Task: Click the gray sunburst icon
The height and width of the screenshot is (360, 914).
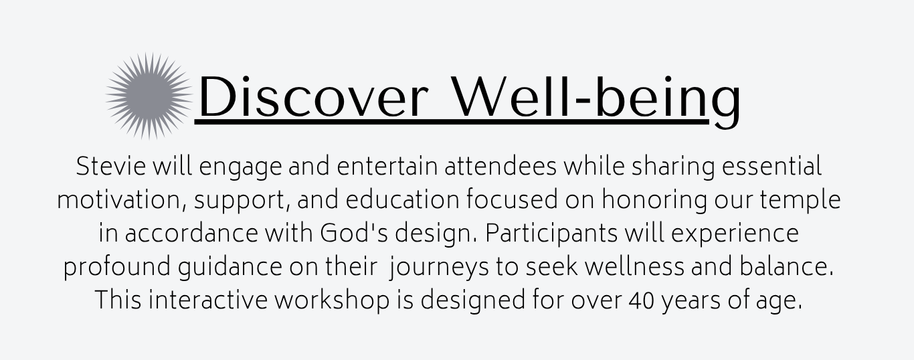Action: [x=149, y=96]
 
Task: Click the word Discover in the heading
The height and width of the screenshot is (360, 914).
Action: [x=314, y=97]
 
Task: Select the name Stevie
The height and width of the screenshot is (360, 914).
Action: [x=111, y=166]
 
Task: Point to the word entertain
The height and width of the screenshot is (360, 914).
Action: [x=387, y=167]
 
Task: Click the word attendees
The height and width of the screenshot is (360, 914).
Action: [x=500, y=167]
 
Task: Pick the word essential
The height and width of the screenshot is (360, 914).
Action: [x=771, y=166]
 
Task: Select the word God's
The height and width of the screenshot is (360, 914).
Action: [x=354, y=234]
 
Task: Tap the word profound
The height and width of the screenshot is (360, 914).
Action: [x=116, y=268]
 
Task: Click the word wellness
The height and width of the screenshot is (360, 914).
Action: [x=634, y=267]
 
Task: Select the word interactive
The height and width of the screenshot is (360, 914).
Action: [x=207, y=300]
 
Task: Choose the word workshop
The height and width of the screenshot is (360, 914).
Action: [x=332, y=301]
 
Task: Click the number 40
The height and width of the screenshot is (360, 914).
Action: [x=642, y=300]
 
